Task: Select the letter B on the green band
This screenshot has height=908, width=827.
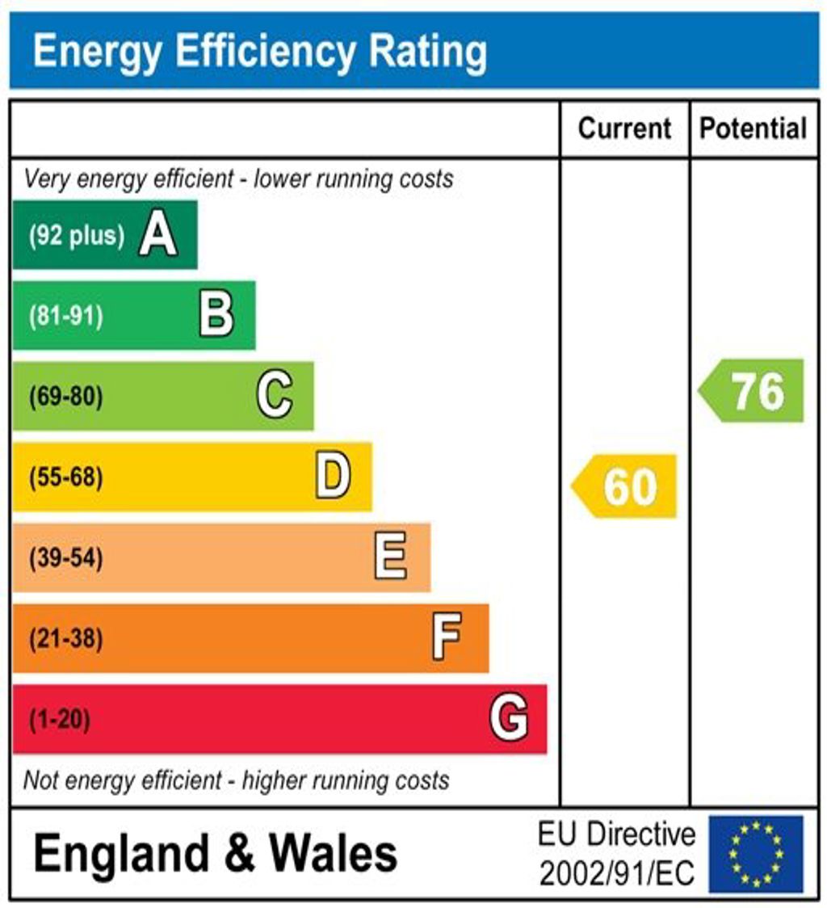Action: click(216, 315)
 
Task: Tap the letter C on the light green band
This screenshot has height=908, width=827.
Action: click(275, 396)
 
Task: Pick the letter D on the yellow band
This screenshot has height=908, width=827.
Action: click(333, 477)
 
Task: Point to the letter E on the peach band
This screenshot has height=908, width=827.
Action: click(391, 557)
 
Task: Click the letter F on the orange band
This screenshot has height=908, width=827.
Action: click(447, 638)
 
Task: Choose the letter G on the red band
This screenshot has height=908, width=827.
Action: click(509, 718)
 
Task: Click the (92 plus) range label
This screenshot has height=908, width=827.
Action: click(77, 236)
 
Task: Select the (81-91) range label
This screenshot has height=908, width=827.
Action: click(66, 316)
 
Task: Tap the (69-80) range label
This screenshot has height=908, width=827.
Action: click(66, 397)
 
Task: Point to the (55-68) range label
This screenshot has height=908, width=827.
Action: click(66, 477)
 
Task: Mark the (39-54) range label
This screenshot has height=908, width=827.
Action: click(66, 558)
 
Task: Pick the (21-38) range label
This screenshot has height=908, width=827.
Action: click(66, 639)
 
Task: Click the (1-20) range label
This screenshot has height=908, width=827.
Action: click(60, 719)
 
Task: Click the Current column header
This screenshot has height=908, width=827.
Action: click(625, 128)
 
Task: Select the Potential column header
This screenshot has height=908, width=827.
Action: click(754, 128)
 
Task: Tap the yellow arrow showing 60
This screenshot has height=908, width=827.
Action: click(625, 486)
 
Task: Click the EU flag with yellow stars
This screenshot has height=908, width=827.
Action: click(756, 854)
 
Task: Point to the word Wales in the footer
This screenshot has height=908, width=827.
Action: click(333, 853)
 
